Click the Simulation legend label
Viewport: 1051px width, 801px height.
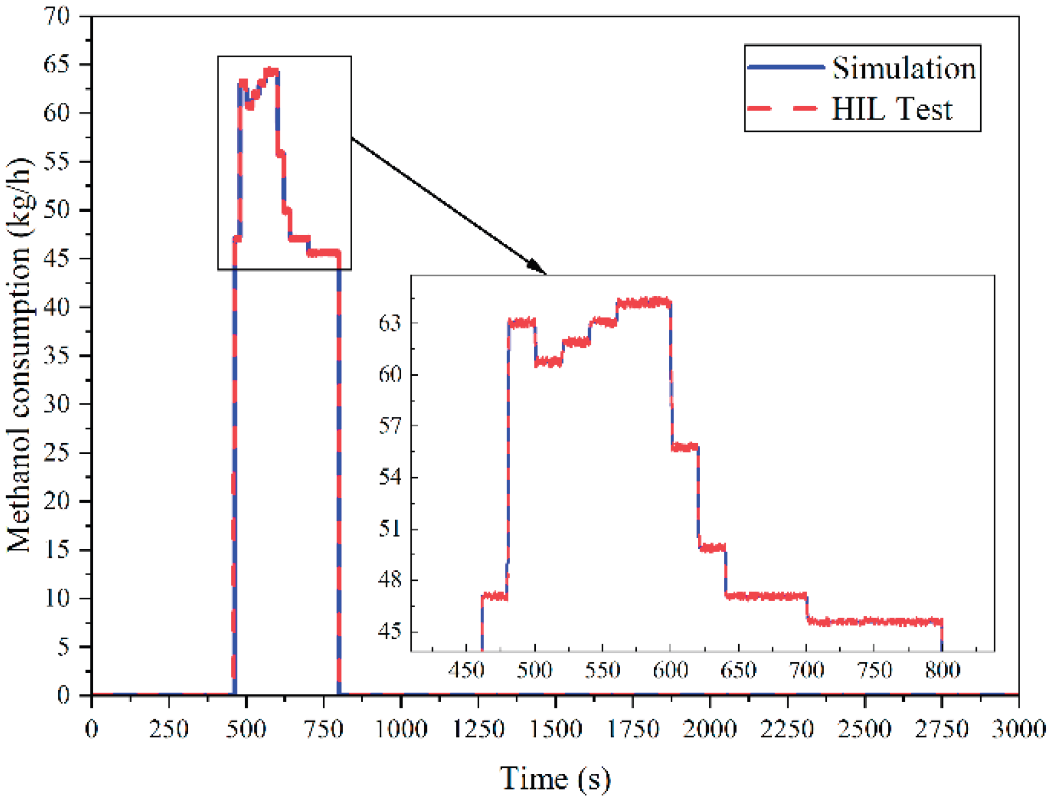click(x=903, y=69)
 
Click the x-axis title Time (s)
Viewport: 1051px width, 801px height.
click(x=555, y=778)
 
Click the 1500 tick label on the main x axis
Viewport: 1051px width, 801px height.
click(x=555, y=729)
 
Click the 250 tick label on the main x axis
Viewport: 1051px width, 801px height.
click(x=169, y=729)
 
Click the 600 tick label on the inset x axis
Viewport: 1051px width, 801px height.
click(x=670, y=670)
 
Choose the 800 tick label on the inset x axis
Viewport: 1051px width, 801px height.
click(x=942, y=670)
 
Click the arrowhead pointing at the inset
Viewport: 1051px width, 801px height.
click(x=536, y=267)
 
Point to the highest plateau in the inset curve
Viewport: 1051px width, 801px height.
click(x=643, y=303)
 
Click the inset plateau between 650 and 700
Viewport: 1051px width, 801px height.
click(x=766, y=596)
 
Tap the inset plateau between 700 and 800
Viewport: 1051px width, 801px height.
click(x=874, y=621)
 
